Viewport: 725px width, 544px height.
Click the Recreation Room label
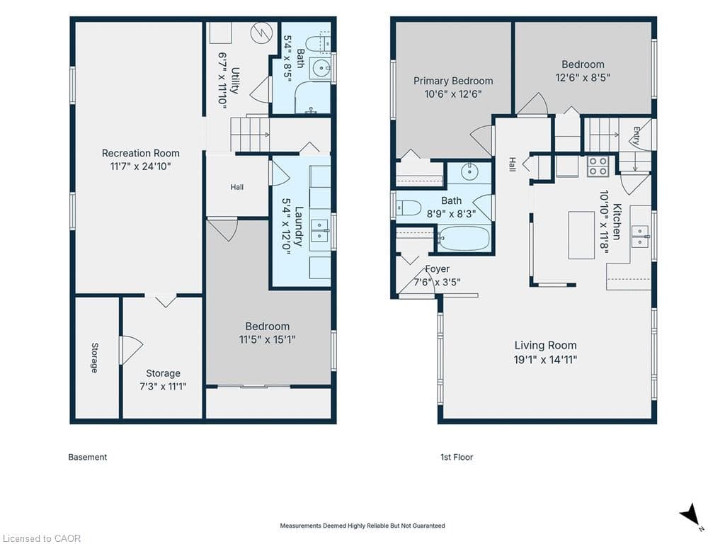141,153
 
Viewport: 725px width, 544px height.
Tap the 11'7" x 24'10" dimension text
141,166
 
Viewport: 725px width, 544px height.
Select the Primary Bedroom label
453,81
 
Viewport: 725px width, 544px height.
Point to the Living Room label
546,346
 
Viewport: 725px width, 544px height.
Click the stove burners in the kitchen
597,166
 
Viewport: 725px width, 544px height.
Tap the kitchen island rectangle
582,235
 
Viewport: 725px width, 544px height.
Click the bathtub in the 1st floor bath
464,238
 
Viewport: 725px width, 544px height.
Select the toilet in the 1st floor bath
409,208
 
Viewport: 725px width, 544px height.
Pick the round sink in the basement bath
320,69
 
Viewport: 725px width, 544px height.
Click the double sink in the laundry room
319,230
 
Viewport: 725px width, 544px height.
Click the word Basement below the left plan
87,457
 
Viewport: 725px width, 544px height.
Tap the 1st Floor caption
457,457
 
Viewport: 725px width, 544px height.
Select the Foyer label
438,268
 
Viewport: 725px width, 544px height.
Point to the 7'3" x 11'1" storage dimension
163,386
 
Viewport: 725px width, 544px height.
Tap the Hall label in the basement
237,187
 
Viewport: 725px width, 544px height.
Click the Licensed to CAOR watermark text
41,538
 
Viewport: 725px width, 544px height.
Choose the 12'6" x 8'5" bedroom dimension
583,77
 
